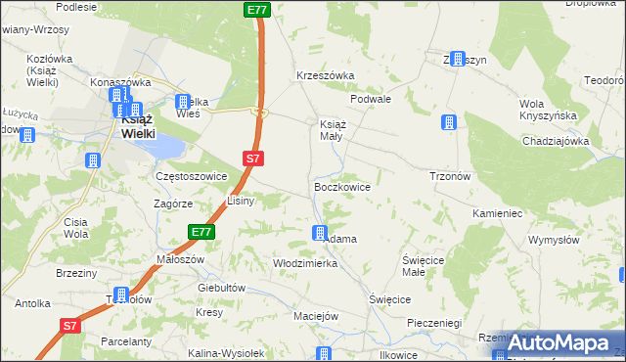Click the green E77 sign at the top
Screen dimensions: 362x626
[x=257, y=9]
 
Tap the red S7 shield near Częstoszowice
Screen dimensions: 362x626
[x=252, y=157]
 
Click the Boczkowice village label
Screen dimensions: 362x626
[x=340, y=185]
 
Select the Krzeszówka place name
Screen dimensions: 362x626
[x=326, y=75]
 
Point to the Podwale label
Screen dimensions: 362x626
[x=371, y=99]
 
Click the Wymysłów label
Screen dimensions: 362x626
[x=555, y=240]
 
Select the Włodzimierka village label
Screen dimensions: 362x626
[x=305, y=263]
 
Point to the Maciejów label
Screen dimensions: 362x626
[x=315, y=316]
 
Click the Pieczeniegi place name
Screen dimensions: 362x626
[x=433, y=322]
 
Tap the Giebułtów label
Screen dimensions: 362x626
[x=220, y=288]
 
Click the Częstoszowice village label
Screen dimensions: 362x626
[x=192, y=176]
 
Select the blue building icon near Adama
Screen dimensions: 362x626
[x=320, y=233]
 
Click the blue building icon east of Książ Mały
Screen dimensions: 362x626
[x=448, y=122]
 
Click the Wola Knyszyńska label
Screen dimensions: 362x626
[x=545, y=111]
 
